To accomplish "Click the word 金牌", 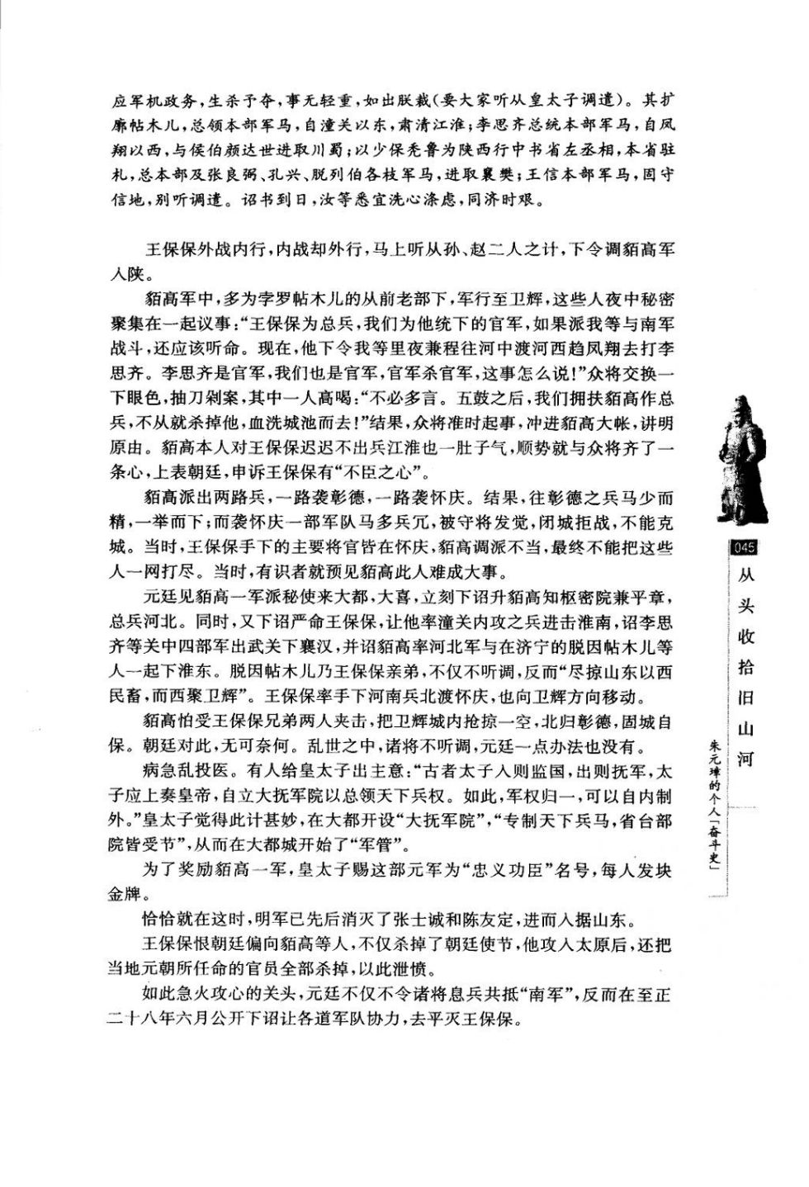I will (x=125, y=895).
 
